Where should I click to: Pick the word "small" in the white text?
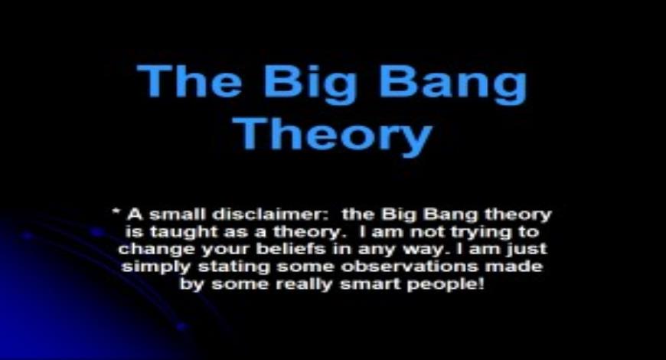coord(166,214)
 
